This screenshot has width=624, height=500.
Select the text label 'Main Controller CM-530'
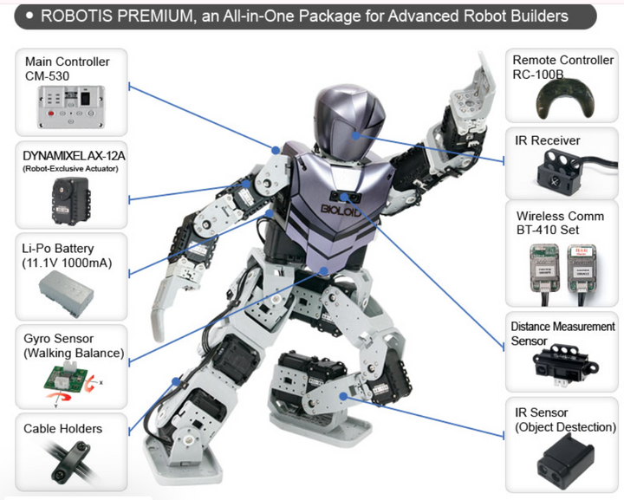pos(67,68)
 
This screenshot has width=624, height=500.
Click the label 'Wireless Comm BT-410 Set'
pos(560,223)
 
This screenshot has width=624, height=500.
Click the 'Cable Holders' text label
pos(62,429)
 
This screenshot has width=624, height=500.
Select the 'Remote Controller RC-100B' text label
pos(562,67)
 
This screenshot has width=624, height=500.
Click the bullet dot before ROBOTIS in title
pos(30,16)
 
